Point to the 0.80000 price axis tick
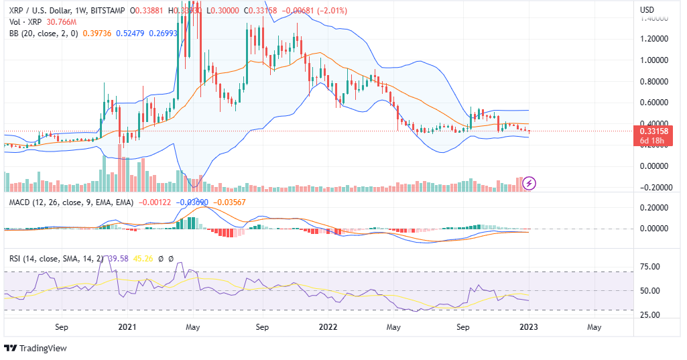coord(656,81)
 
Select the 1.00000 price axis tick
coord(656,60)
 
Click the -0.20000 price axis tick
coord(655,188)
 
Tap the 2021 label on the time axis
coord(127,328)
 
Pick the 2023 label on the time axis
coord(529,328)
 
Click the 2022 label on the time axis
coord(328,328)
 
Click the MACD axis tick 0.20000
coord(656,208)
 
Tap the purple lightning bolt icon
coord(529,182)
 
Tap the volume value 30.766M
coord(61,22)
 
